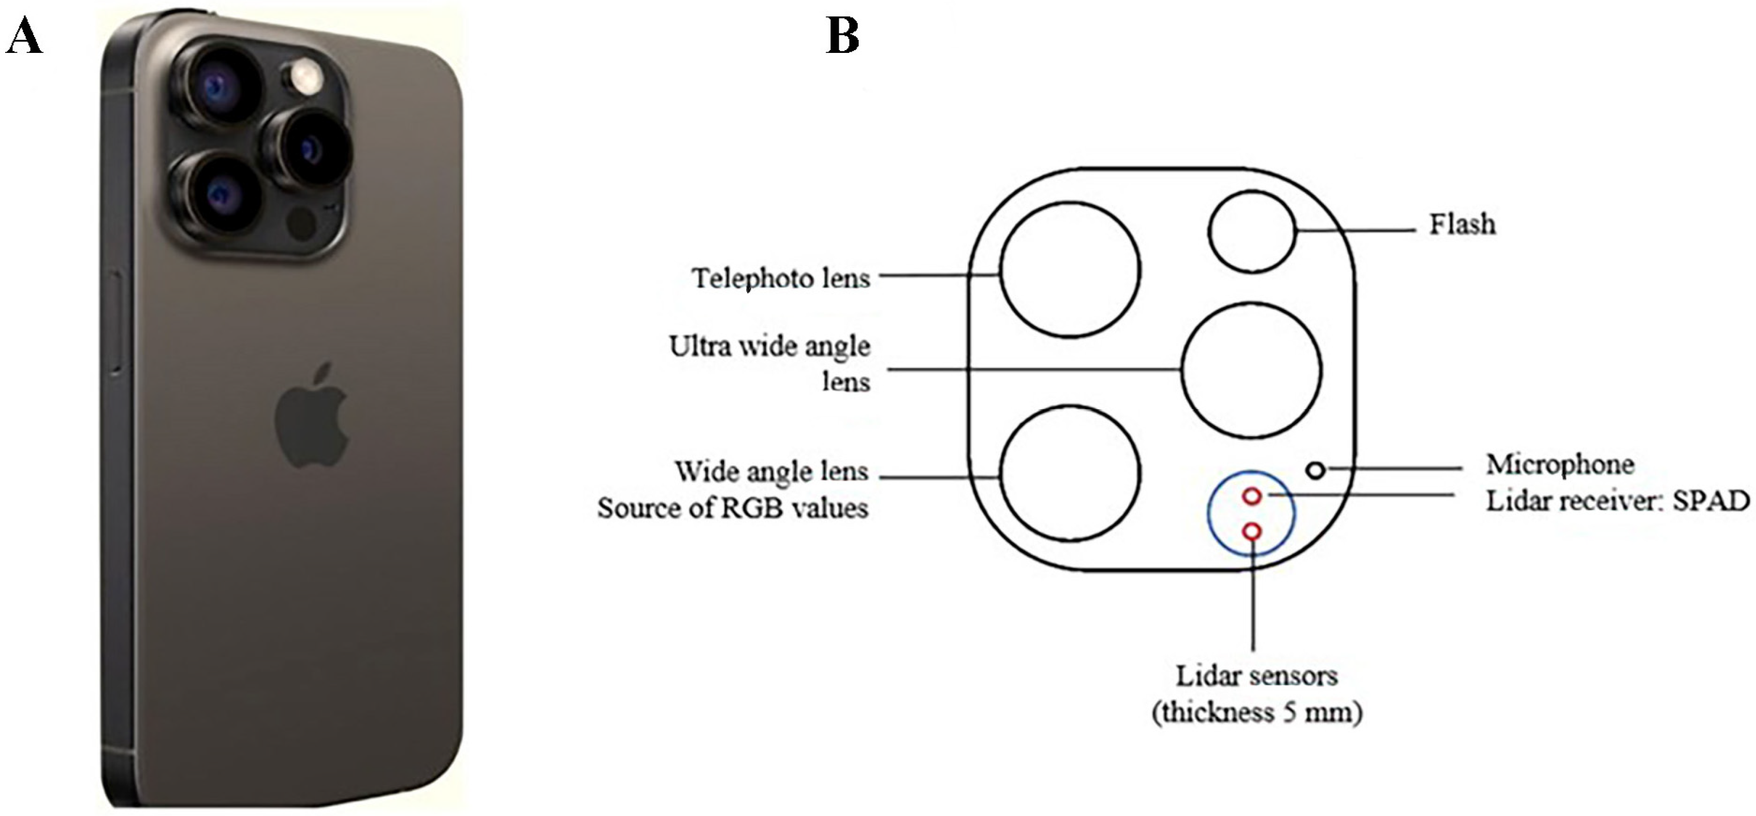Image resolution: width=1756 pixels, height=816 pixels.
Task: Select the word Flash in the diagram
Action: (1462, 224)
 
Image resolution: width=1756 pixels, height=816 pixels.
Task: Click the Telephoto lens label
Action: (781, 278)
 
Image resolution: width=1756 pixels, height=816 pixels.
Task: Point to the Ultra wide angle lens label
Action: (769, 363)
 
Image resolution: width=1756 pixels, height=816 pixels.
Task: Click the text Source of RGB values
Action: (733, 508)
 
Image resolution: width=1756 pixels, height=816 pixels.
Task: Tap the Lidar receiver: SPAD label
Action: (1617, 501)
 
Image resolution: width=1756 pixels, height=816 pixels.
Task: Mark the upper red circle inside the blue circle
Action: (1252, 488)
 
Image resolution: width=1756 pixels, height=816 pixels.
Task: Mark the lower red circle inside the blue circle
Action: (1252, 523)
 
